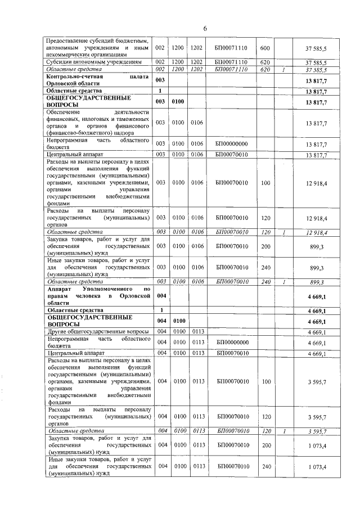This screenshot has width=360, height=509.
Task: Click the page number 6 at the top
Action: [x=205, y=28]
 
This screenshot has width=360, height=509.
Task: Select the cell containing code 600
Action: [x=266, y=49]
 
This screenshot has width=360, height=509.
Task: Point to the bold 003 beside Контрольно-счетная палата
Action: [x=160, y=81]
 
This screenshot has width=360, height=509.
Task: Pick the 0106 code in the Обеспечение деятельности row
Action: [x=197, y=122]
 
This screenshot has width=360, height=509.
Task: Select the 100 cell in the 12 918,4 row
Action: [x=266, y=182]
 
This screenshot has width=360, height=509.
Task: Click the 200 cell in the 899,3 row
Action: [x=266, y=246]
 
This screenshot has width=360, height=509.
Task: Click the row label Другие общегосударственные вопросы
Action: [x=91, y=332]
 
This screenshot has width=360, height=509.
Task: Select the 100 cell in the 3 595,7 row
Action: [x=266, y=381]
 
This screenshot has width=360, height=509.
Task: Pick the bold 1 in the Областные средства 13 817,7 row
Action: [x=160, y=90]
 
